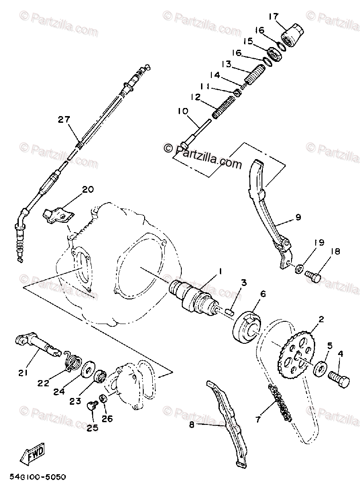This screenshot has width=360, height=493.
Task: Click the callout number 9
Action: [298, 217]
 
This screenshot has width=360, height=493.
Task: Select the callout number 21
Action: [23, 372]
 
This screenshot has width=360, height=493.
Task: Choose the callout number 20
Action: [88, 189]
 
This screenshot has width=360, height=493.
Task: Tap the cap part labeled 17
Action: [293, 35]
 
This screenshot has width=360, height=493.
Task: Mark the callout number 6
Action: [262, 294]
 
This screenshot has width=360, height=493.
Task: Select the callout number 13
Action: [225, 64]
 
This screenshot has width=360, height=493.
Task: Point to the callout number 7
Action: [257, 420]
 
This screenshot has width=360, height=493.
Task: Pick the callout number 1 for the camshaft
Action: [220, 271]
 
